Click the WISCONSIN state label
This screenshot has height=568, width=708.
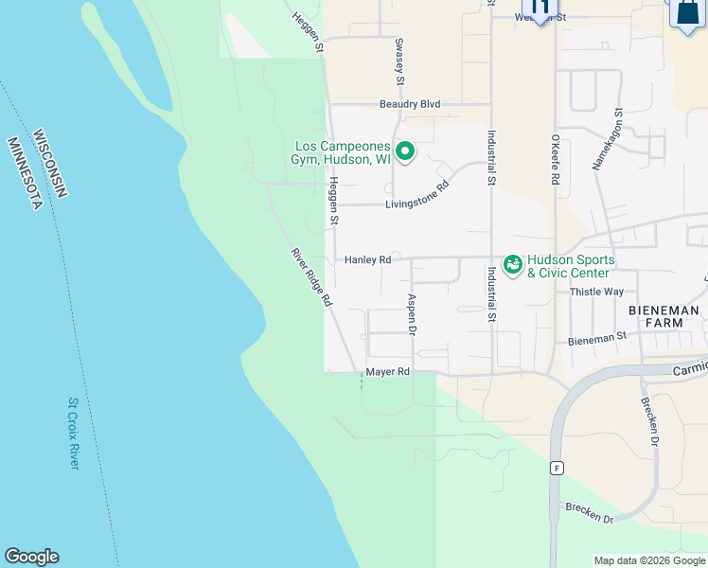(49, 164)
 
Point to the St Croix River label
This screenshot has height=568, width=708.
(74, 433)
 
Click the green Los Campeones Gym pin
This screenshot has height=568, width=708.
(405, 151)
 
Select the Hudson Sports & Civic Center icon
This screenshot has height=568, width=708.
(513, 264)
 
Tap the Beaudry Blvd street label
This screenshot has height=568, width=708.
(410, 104)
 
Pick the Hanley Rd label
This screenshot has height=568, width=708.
(367, 259)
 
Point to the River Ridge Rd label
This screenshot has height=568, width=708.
(311, 275)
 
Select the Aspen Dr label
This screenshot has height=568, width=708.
(412, 313)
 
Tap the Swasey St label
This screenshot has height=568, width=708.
(399, 60)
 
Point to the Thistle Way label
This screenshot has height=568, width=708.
(596, 292)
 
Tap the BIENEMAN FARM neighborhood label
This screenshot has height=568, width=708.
(664, 316)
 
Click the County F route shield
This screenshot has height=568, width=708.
(558, 468)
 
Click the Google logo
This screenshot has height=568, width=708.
(31, 557)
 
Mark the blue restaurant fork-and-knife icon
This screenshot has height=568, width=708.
(540, 9)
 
